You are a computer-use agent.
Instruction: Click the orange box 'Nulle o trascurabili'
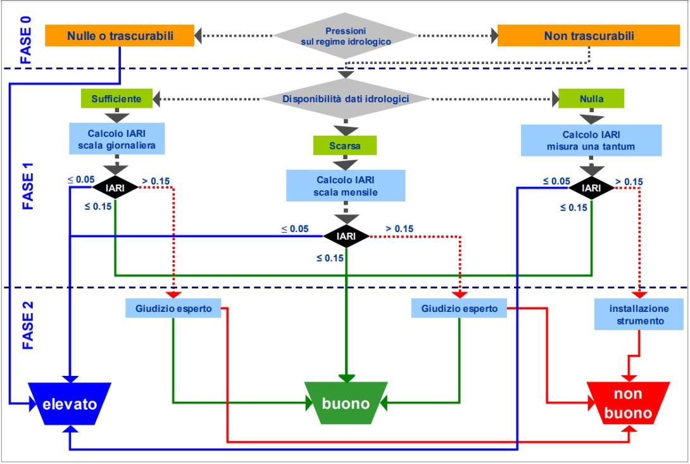coord(120,35)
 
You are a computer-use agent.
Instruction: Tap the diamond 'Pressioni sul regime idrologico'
coord(346,35)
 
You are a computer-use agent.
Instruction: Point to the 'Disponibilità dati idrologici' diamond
coord(346,98)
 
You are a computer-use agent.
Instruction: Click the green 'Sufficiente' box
coord(116,98)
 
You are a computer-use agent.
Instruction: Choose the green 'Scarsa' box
coord(345,145)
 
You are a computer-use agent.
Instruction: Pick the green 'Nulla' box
coord(591,98)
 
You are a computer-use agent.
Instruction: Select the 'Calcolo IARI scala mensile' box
coord(346,184)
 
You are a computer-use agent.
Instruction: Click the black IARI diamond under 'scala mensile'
coord(346,236)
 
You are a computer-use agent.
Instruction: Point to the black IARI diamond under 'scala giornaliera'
coord(115,188)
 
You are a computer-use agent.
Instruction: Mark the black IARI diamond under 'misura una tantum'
coord(591,188)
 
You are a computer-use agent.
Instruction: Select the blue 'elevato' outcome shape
coord(70,404)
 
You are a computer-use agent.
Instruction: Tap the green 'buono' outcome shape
coord(346,404)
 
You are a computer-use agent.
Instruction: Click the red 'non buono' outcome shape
coord(628,404)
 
